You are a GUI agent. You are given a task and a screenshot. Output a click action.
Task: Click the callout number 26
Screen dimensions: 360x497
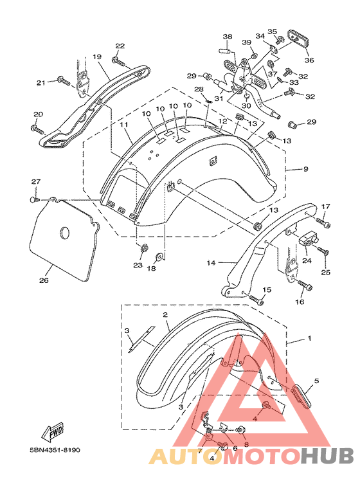[x=44, y=280]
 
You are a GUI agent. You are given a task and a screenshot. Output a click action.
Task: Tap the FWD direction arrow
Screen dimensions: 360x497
[x=53, y=432]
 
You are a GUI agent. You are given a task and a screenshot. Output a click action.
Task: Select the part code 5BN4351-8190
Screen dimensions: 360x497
[x=55, y=450]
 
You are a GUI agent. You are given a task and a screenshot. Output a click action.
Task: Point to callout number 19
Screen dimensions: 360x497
[x=97, y=57]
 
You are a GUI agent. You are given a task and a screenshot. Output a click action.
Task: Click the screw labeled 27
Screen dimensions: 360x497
[x=34, y=199]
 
